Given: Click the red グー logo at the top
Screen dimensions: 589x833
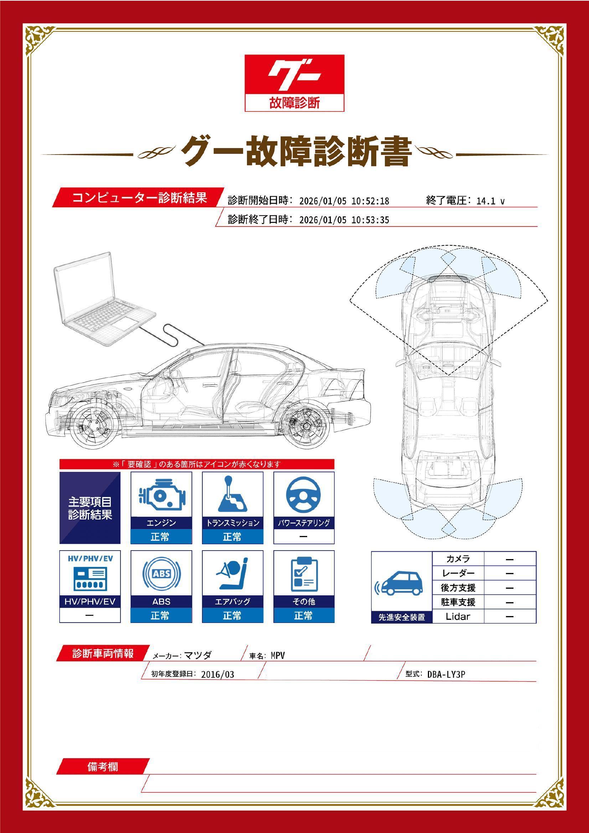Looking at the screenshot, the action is (294, 83).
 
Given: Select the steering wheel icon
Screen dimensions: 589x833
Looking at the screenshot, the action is (304, 494).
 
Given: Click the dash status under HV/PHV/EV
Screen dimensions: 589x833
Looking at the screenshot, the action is (90, 615).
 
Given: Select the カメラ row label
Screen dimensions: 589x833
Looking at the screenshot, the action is (458, 559).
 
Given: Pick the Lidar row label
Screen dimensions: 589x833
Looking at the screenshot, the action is (458, 616).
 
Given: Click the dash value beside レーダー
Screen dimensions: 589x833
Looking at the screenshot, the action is (510, 574).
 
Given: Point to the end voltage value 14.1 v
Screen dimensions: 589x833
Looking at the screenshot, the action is (490, 201).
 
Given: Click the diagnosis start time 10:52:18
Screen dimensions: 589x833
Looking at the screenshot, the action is (370, 201).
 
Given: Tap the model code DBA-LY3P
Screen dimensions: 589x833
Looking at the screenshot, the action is (446, 675).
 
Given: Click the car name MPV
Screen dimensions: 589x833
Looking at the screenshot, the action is (278, 656).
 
